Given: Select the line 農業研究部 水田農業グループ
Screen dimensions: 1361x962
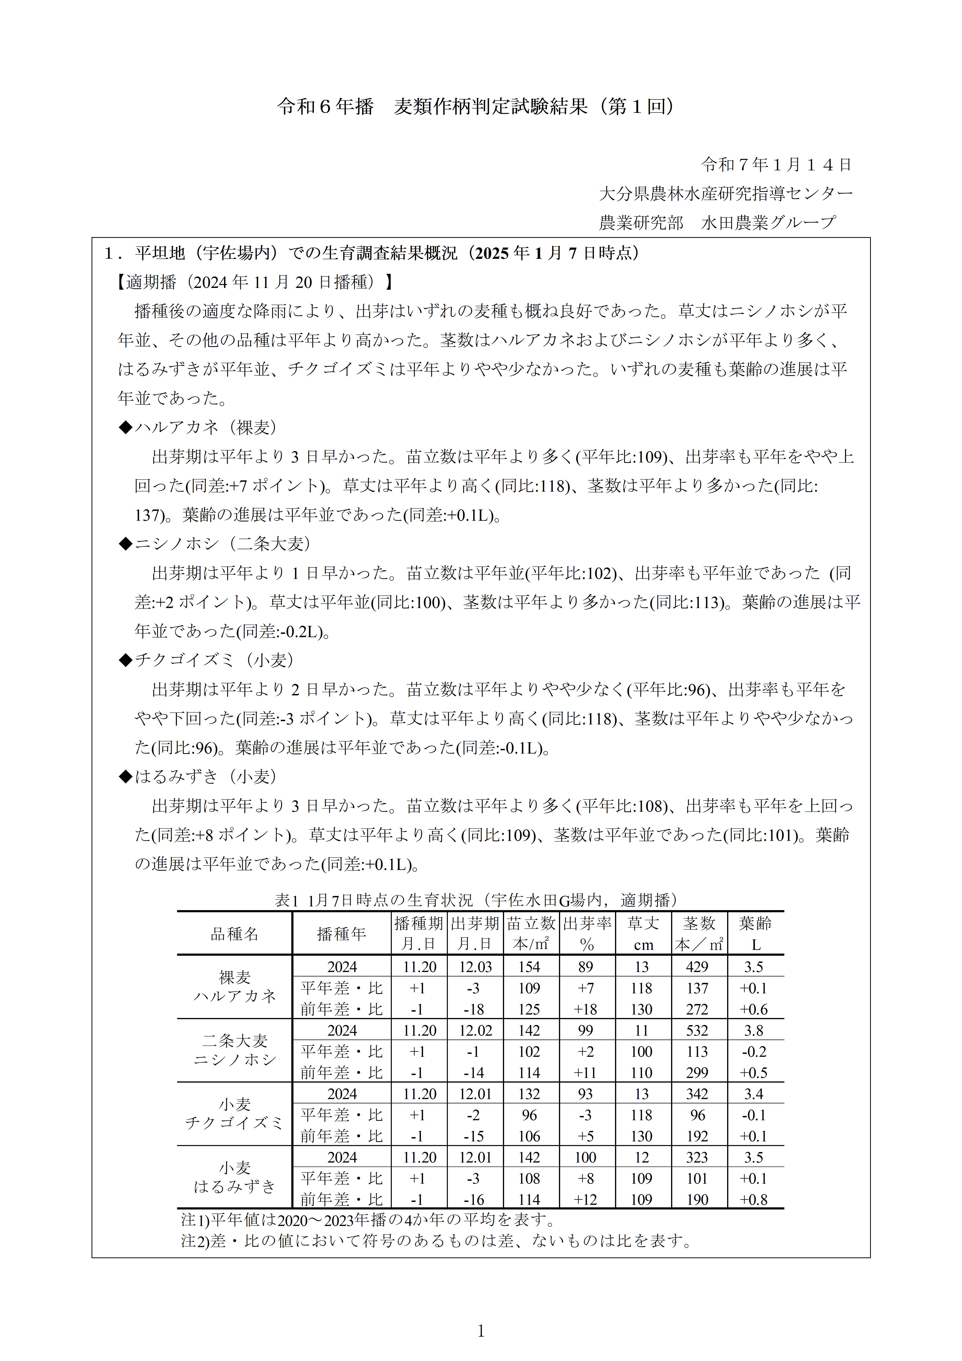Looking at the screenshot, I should (717, 222).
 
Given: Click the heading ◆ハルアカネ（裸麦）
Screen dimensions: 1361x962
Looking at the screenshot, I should (199, 427).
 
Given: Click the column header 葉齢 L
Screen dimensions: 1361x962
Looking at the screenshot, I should (755, 934).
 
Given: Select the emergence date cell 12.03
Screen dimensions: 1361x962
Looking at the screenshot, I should (475, 967).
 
